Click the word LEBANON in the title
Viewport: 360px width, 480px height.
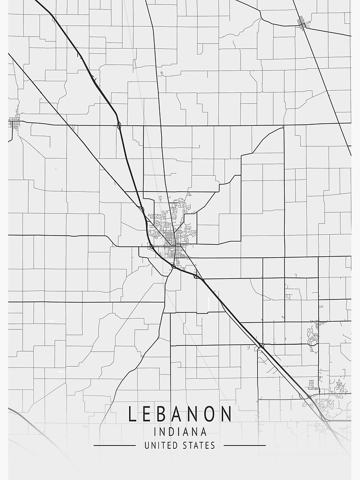tap(180, 414)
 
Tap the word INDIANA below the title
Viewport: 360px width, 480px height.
tap(180, 432)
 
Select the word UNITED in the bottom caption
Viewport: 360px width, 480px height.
tap(159, 445)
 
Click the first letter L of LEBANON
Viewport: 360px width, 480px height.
tap(132, 414)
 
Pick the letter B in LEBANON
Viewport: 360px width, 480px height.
tap(164, 414)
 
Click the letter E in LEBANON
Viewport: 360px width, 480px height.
tap(147, 414)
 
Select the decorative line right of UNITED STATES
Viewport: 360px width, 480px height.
tap(245, 445)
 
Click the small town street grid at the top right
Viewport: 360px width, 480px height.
tap(302, 22)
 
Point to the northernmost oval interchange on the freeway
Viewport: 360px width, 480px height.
tap(119, 126)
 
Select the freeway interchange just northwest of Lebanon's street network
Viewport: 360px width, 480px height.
tap(142, 209)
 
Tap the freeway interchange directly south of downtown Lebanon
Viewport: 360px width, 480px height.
tap(173, 266)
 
